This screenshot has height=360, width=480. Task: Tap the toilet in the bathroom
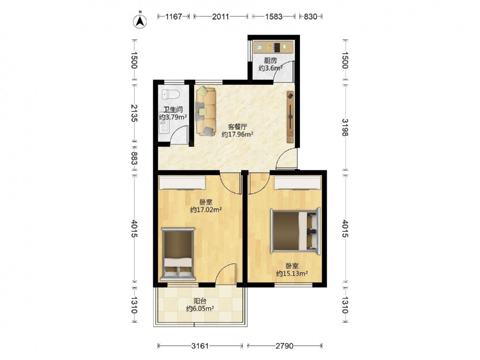[170, 94]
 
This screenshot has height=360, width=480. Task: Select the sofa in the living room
[206, 111]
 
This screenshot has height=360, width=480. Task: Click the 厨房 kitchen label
[270, 60]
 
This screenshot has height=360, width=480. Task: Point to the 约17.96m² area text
[237, 134]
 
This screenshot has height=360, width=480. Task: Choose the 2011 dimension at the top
[221, 16]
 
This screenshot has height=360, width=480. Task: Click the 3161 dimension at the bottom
[200, 346]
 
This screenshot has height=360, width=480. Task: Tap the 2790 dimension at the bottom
[284, 346]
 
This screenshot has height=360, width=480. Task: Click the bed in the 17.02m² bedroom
[178, 254]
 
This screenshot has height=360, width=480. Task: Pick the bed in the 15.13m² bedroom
[295, 230]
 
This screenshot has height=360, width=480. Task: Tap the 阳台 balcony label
[200, 301]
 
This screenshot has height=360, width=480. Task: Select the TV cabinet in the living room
[290, 117]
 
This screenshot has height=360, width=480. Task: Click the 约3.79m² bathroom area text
[173, 117]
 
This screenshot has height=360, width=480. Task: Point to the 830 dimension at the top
[311, 16]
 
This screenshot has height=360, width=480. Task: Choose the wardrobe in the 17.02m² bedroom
[182, 183]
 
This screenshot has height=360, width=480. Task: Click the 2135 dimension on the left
[134, 113]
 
